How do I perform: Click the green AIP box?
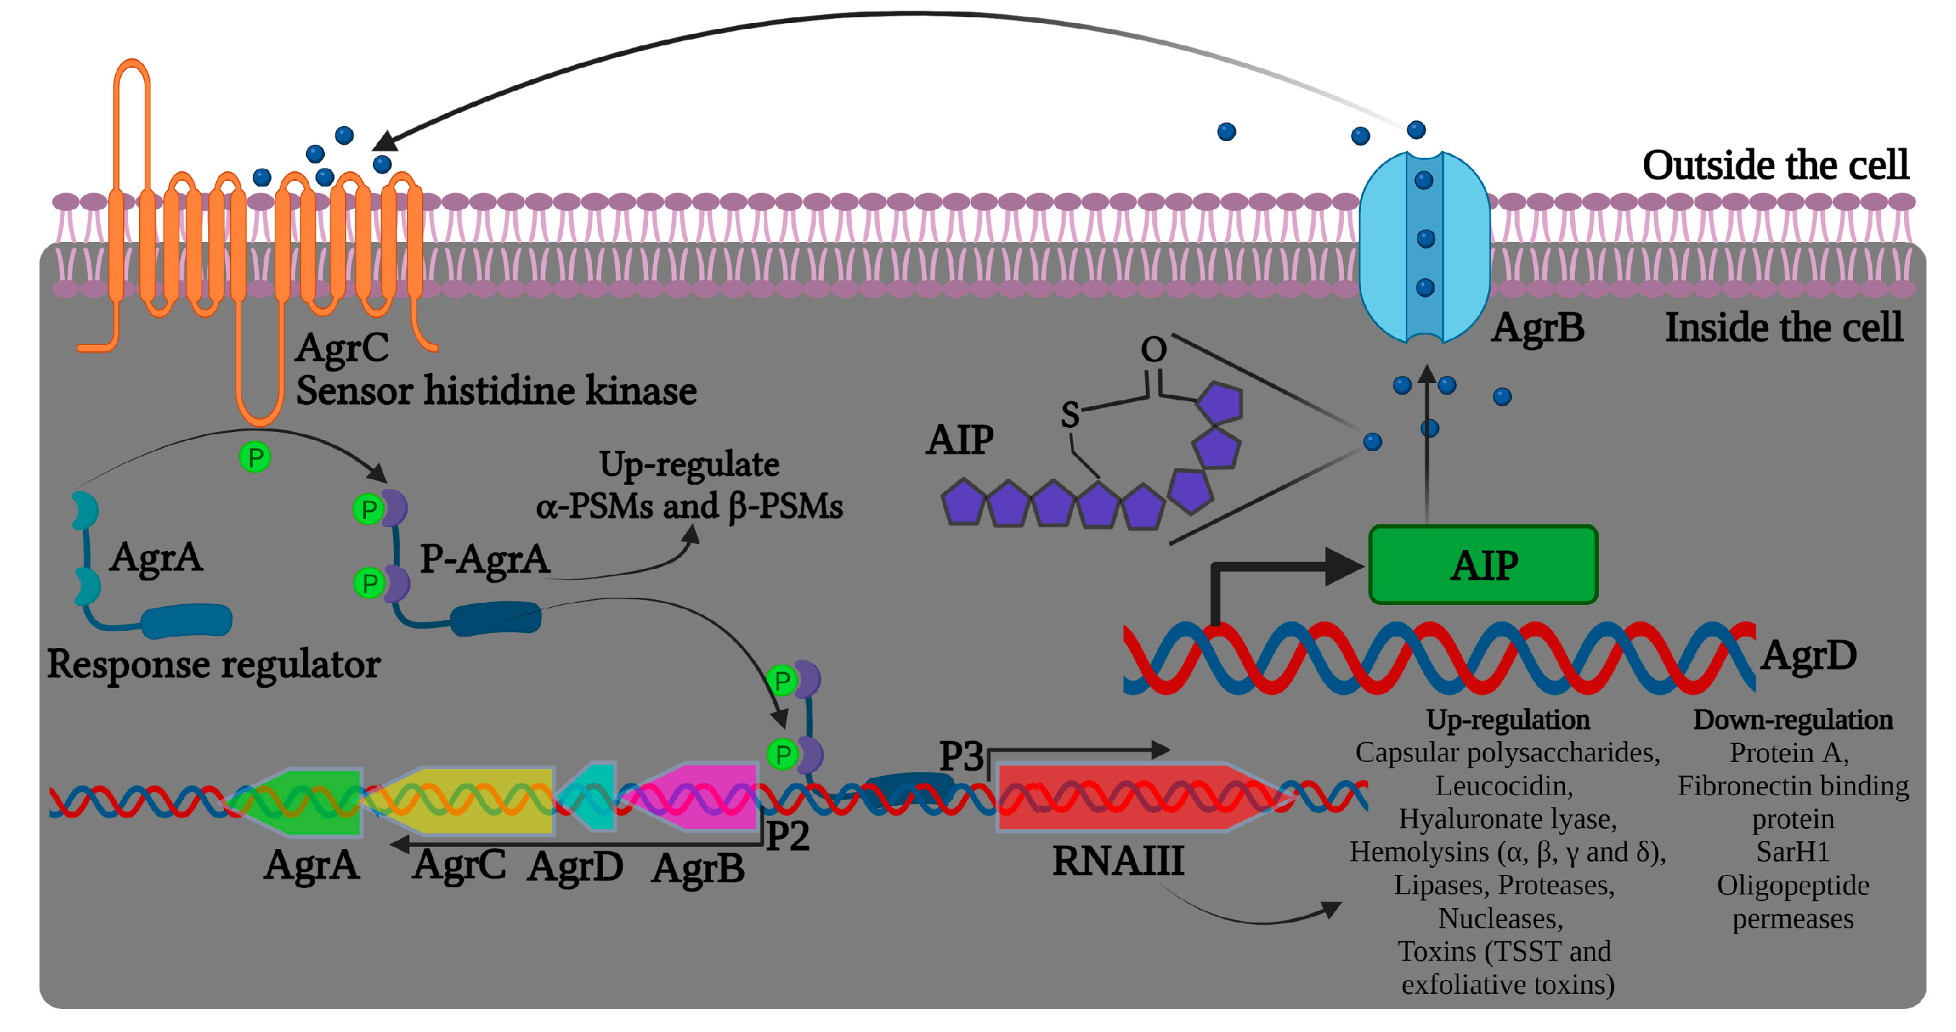click(x=1482, y=564)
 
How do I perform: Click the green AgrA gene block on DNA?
click(x=304, y=802)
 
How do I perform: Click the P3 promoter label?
click(x=961, y=756)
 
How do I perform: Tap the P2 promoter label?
click(x=787, y=836)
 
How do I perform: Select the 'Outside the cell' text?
click(x=1775, y=165)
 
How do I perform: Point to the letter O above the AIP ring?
click(x=1154, y=349)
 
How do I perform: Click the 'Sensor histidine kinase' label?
click(x=495, y=391)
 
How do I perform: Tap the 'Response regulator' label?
click(x=213, y=665)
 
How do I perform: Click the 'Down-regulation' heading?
click(x=1792, y=719)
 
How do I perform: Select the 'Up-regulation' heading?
click(x=1507, y=719)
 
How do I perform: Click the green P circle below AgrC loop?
click(x=255, y=457)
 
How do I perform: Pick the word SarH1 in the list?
click(x=1792, y=852)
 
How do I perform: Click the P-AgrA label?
click(x=485, y=560)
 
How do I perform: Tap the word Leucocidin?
click(x=1504, y=786)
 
